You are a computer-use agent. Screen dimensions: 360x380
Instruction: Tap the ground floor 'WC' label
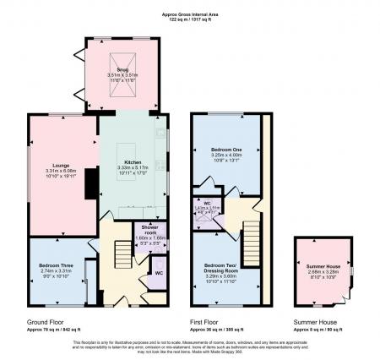click(x=159, y=273)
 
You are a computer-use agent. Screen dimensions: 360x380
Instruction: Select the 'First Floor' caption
click(x=207, y=322)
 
